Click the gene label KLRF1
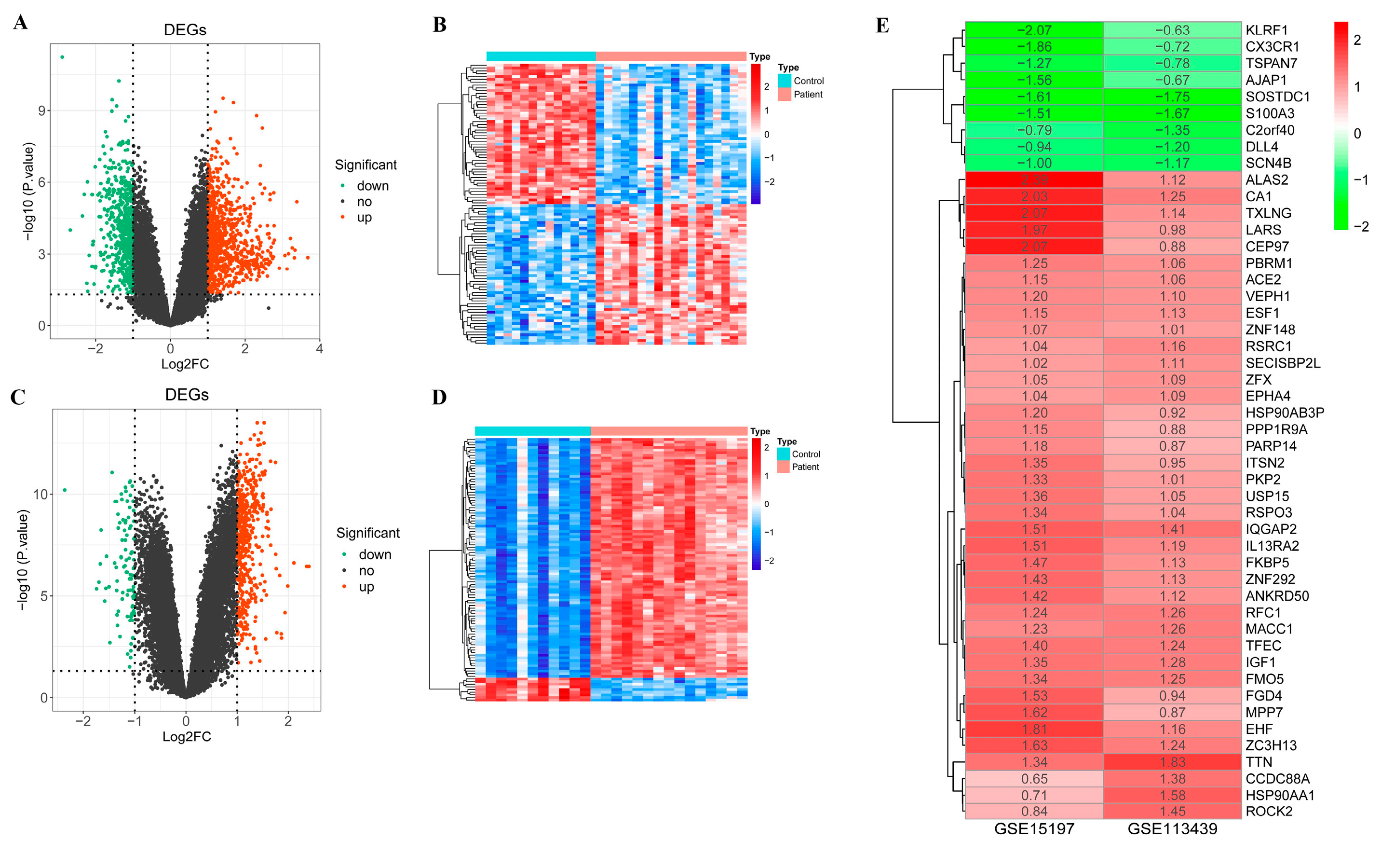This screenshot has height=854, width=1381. coord(1266,30)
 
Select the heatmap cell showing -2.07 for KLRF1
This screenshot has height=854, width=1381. coord(1034,30)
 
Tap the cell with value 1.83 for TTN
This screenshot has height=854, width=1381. coord(1172,762)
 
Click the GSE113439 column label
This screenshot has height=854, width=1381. coord(1172,828)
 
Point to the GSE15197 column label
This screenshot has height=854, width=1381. coord(1034,828)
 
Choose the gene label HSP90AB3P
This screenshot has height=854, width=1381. coord(1285,413)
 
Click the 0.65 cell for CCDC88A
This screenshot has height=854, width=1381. coord(1034,779)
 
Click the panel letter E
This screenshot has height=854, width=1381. coord(882,26)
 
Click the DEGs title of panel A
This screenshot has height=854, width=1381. coord(185,30)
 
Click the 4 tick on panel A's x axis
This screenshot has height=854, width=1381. coord(319,349)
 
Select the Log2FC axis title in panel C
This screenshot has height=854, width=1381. coord(187,737)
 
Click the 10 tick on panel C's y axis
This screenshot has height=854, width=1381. coord(40,495)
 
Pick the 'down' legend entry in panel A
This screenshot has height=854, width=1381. coord(372,186)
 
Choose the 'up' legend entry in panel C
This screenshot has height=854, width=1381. coord(366,587)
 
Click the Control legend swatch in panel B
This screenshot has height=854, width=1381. coord(784,81)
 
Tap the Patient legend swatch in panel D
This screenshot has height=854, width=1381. coord(783,467)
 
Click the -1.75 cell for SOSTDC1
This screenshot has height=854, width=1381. coord(1172,96)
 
